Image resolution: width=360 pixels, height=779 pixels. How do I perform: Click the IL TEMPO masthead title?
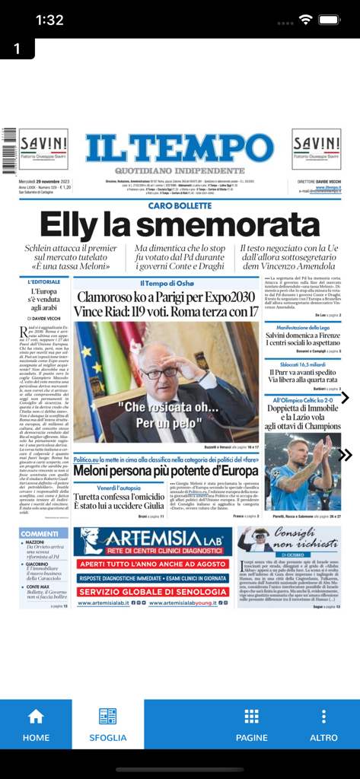pos(180,146)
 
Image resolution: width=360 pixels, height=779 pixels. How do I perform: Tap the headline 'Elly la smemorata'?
pos(180,224)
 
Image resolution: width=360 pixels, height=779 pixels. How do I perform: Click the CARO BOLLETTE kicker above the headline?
pos(180,205)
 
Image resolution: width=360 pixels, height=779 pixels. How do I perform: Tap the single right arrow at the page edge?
pos(345,398)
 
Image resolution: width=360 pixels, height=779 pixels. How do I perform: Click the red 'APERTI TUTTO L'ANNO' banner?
pos(152,564)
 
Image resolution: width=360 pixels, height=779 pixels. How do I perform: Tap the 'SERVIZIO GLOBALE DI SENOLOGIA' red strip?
pos(152,591)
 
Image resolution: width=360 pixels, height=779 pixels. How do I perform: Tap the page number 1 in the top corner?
pos(16,48)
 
